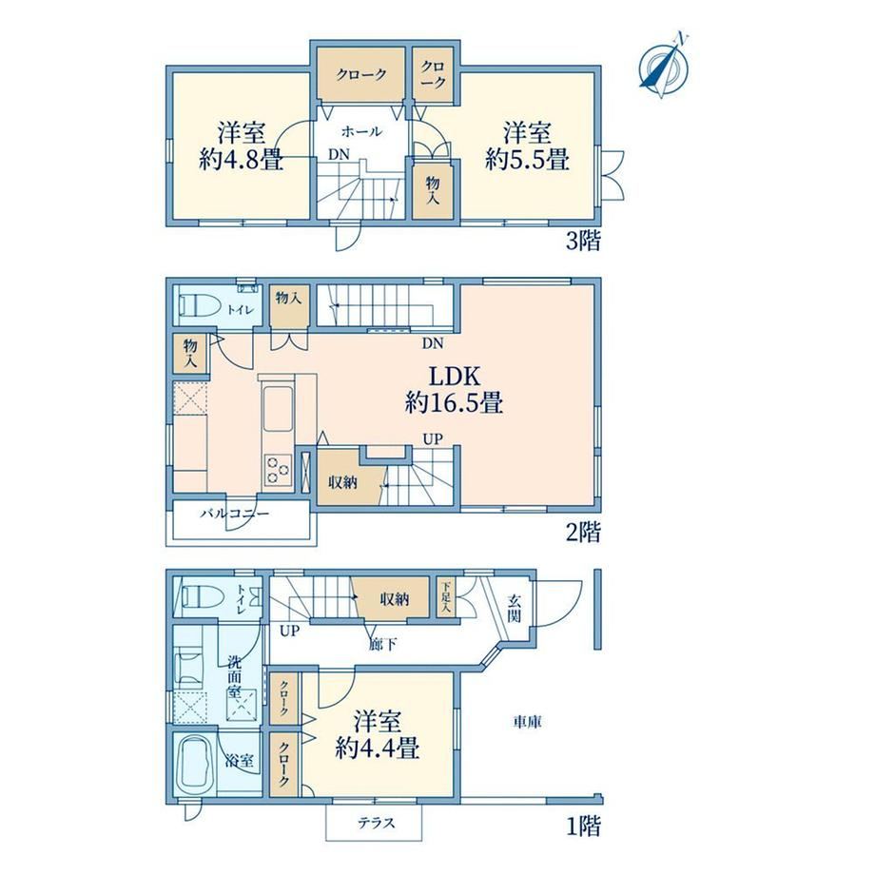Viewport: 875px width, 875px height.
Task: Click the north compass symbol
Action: tap(664, 67)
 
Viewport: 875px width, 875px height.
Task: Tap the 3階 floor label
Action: tap(583, 241)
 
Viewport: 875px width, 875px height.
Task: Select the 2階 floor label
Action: tap(583, 532)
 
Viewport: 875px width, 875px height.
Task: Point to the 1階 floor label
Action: tap(584, 826)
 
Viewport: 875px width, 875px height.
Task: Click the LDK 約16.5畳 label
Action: tap(455, 390)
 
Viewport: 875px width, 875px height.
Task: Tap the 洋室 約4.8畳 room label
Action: tap(241, 146)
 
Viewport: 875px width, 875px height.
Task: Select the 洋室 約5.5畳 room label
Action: tap(527, 146)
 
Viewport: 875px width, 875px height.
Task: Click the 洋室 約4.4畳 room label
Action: tap(378, 735)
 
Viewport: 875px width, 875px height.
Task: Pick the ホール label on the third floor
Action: tap(361, 131)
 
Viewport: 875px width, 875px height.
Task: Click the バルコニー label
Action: tap(235, 514)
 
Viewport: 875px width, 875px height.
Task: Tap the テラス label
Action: tap(377, 823)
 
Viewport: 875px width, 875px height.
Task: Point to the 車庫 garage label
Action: tap(527, 723)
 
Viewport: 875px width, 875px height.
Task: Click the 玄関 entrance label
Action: tap(514, 609)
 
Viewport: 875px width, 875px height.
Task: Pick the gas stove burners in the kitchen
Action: tap(278, 469)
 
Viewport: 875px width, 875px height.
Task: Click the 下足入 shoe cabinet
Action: tap(446, 597)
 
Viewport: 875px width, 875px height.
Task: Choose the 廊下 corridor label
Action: tap(382, 645)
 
